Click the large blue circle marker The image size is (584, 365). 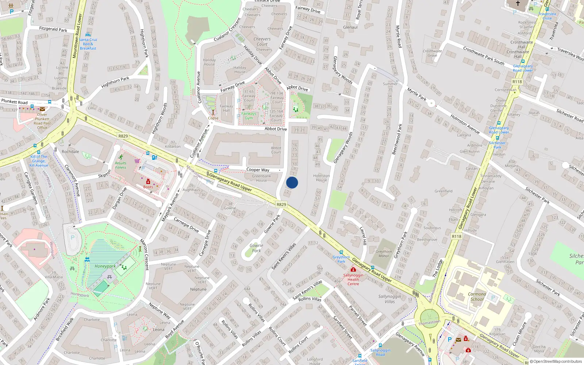pos(292,182)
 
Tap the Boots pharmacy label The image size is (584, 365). pos(148,187)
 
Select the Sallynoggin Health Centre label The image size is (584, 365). pos(353,279)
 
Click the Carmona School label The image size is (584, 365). pos(477,296)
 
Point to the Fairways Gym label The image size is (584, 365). pos(249,116)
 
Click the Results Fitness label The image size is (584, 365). pos(121,165)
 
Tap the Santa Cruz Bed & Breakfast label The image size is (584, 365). pos(88,44)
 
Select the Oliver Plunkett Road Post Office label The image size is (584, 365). pos(42,121)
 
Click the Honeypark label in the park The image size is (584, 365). pos(105,266)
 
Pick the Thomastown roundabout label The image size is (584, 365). pos(429,323)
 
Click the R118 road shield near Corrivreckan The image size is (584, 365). pos(517,82)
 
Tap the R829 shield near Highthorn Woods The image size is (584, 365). pos(123,136)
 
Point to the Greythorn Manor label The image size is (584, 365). pos(384,254)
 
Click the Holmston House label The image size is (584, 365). pos(321,178)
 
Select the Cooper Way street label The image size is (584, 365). pos(258,170)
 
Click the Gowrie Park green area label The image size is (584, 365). pos(256,248)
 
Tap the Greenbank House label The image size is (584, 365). pos(261,178)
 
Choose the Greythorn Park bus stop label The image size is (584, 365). pos(341,259)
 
